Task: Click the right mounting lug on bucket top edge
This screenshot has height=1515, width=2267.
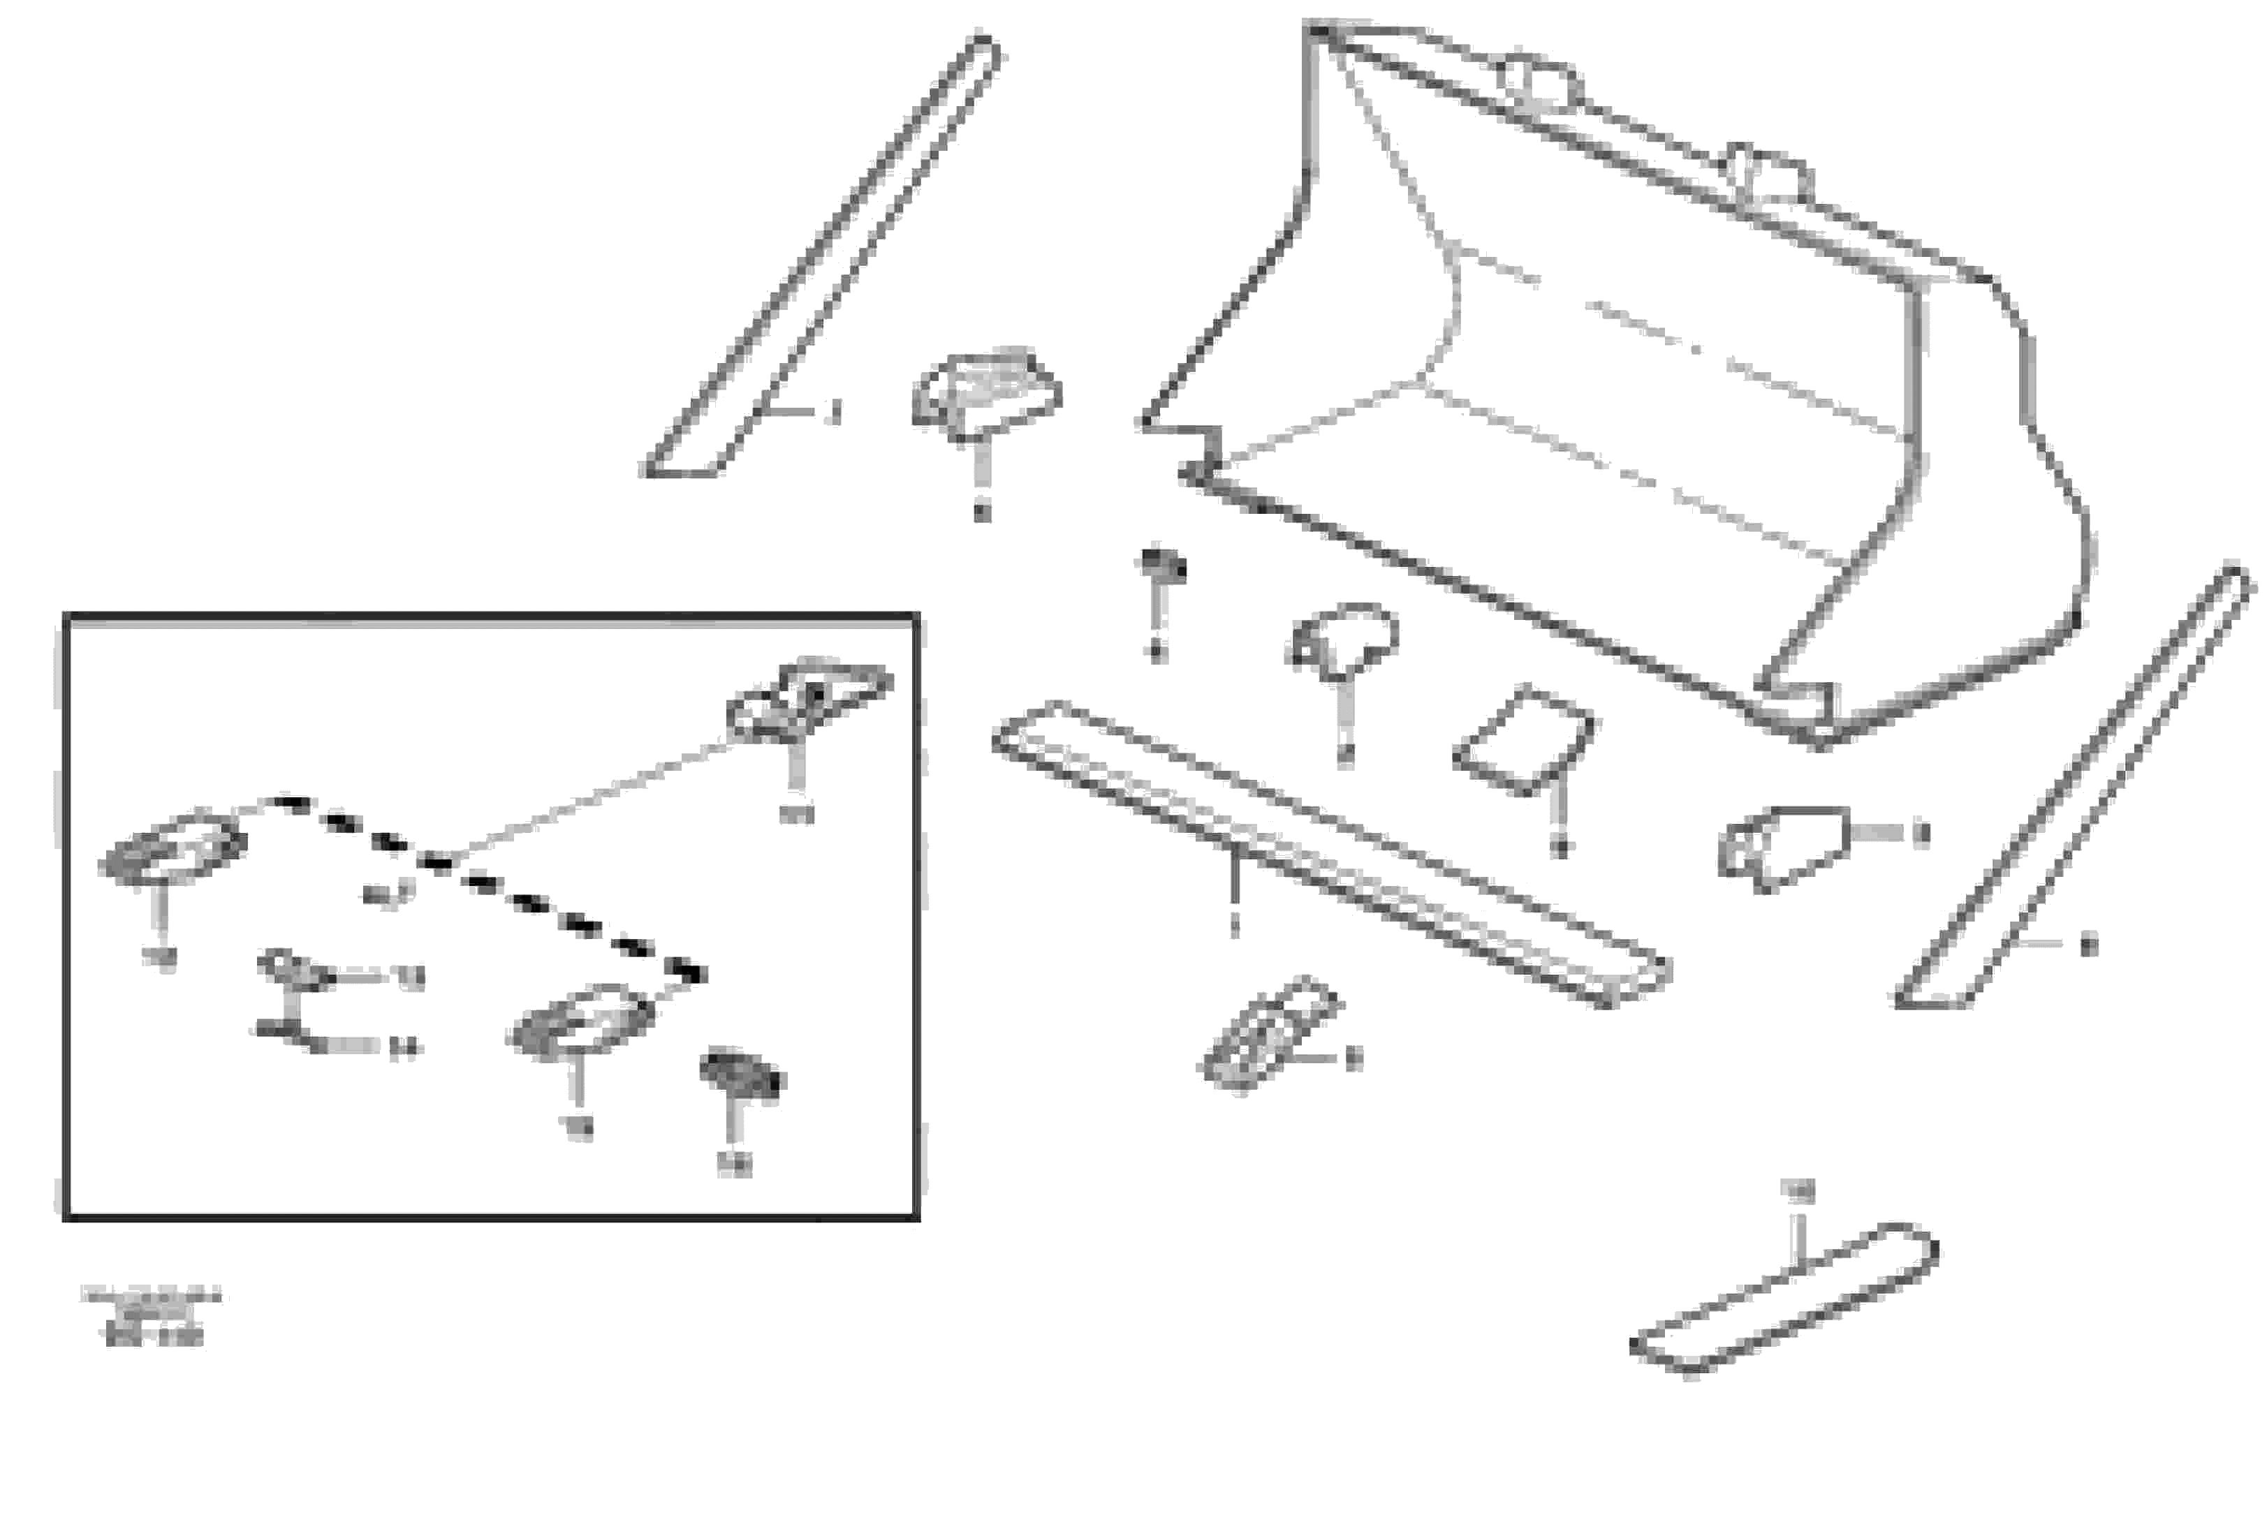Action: click(x=1768, y=174)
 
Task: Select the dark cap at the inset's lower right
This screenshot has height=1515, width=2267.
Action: click(x=742, y=1075)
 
